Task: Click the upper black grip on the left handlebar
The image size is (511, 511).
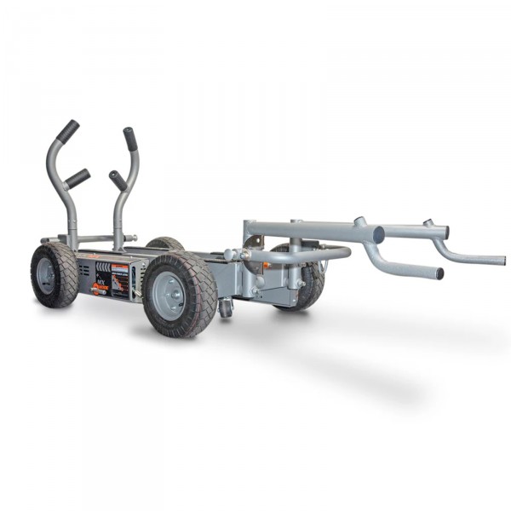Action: click(x=68, y=130)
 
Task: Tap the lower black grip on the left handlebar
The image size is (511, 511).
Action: click(x=78, y=178)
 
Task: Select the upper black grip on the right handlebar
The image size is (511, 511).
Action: click(x=129, y=139)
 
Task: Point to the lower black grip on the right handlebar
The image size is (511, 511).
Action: click(x=118, y=181)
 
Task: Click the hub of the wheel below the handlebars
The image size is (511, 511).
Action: click(x=48, y=276)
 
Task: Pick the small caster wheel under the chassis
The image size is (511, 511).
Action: click(x=225, y=307)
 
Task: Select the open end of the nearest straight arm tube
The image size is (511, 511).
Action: click(x=378, y=234)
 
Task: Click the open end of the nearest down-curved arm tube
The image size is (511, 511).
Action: click(x=439, y=274)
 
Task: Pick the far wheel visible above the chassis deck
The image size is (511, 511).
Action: click(x=165, y=243)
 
